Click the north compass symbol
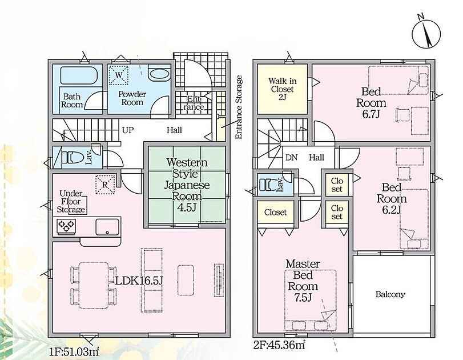[x=426, y=33]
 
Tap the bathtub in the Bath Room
[x=79, y=75]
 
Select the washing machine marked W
[x=119, y=75]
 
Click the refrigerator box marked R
[x=105, y=185]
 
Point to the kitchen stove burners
[x=66, y=227]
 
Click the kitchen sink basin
[x=107, y=227]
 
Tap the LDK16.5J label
[x=139, y=281]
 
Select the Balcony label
[x=390, y=294]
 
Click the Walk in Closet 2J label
[x=282, y=89]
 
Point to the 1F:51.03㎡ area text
[x=74, y=352]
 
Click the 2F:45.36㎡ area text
[x=279, y=345]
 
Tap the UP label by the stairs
[x=128, y=130]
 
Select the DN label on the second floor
[x=291, y=158]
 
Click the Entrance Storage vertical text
[x=239, y=107]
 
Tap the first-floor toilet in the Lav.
[x=70, y=157]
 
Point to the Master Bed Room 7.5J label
[x=303, y=281]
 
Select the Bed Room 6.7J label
[x=371, y=102]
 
